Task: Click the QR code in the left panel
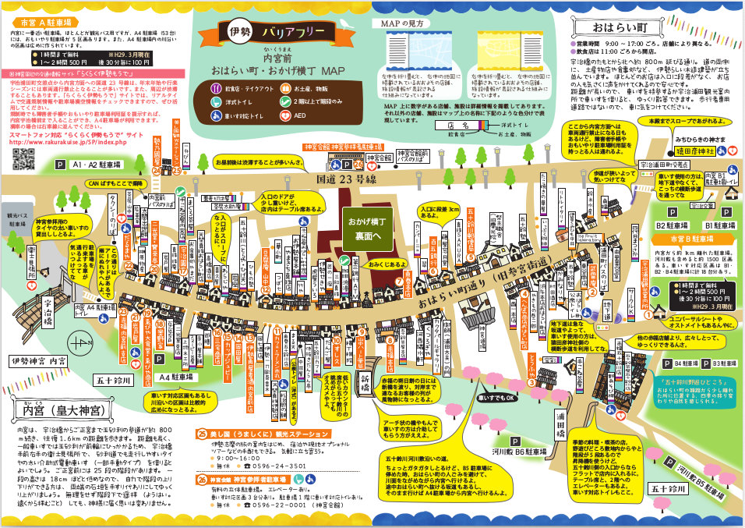click(x=24, y=157)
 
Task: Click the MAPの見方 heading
click(x=402, y=23)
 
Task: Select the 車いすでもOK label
click(x=500, y=398)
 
